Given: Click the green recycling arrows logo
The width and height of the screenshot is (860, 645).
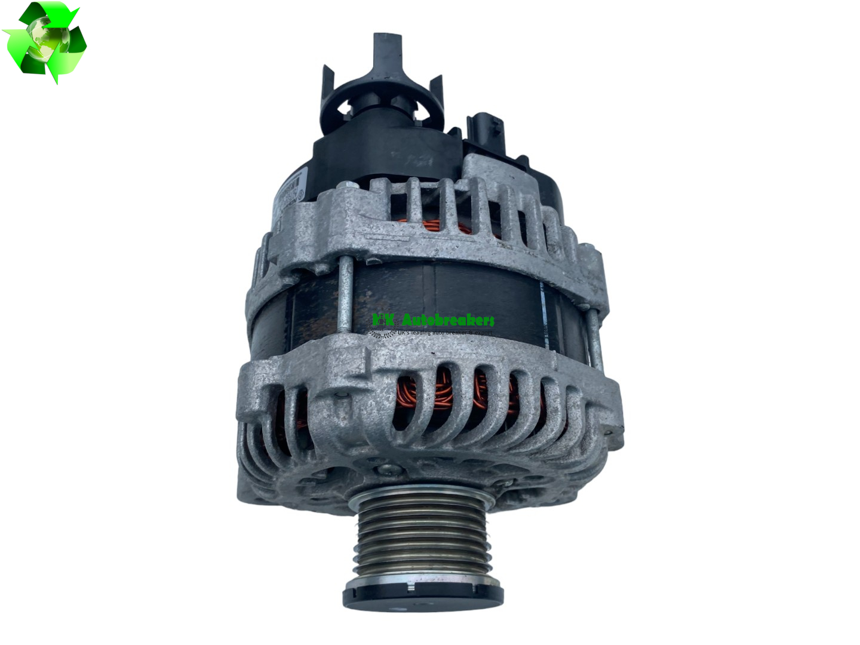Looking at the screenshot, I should [45, 42].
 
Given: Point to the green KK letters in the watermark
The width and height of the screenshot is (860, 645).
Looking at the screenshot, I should [383, 320].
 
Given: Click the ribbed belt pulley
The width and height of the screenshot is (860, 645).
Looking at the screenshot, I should [423, 540].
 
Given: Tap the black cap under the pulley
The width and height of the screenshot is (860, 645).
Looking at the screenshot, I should [423, 597].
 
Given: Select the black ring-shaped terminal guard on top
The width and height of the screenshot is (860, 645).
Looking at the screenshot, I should [382, 110].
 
